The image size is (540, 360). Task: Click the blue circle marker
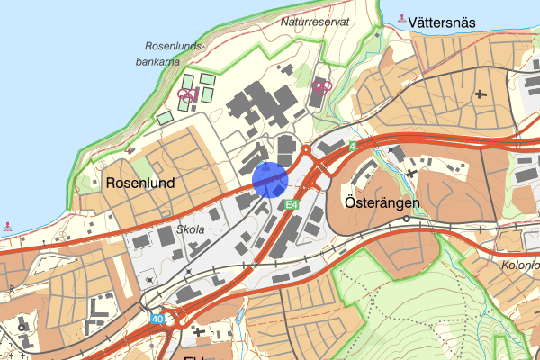point(270,179)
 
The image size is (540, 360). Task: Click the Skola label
point(191,229)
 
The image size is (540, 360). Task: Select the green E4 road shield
point(291,206)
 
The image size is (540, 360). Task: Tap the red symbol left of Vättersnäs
point(401,18)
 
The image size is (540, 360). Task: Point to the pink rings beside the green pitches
point(186,94)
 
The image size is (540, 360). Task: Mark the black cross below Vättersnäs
point(481,93)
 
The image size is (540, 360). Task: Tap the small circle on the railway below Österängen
point(406,219)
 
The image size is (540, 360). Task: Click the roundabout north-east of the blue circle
point(306,151)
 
